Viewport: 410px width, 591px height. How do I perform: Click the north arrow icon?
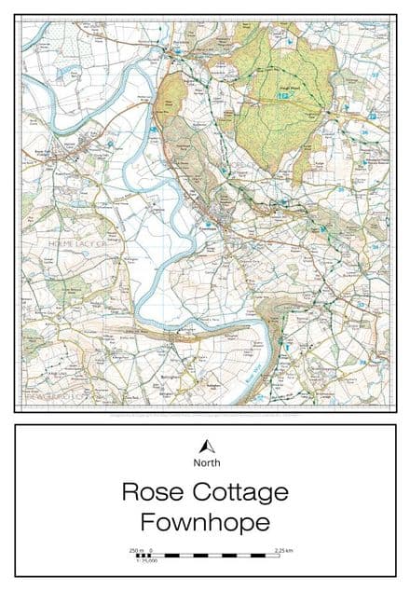pos(205,447)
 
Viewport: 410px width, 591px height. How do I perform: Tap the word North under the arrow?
pos(205,463)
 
